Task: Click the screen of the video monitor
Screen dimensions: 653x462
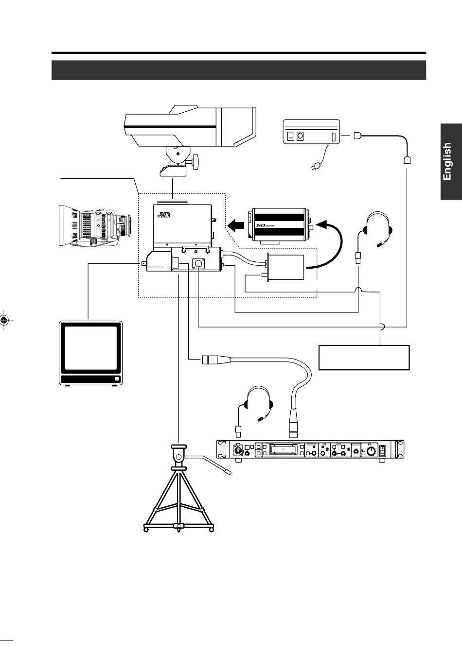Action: point(91,348)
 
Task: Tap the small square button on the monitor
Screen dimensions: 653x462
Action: point(116,379)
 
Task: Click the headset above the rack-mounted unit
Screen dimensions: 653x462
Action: point(258,403)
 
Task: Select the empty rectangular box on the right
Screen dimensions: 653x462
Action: point(364,358)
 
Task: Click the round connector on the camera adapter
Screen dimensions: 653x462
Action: point(198,263)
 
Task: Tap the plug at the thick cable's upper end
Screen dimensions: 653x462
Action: point(210,360)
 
